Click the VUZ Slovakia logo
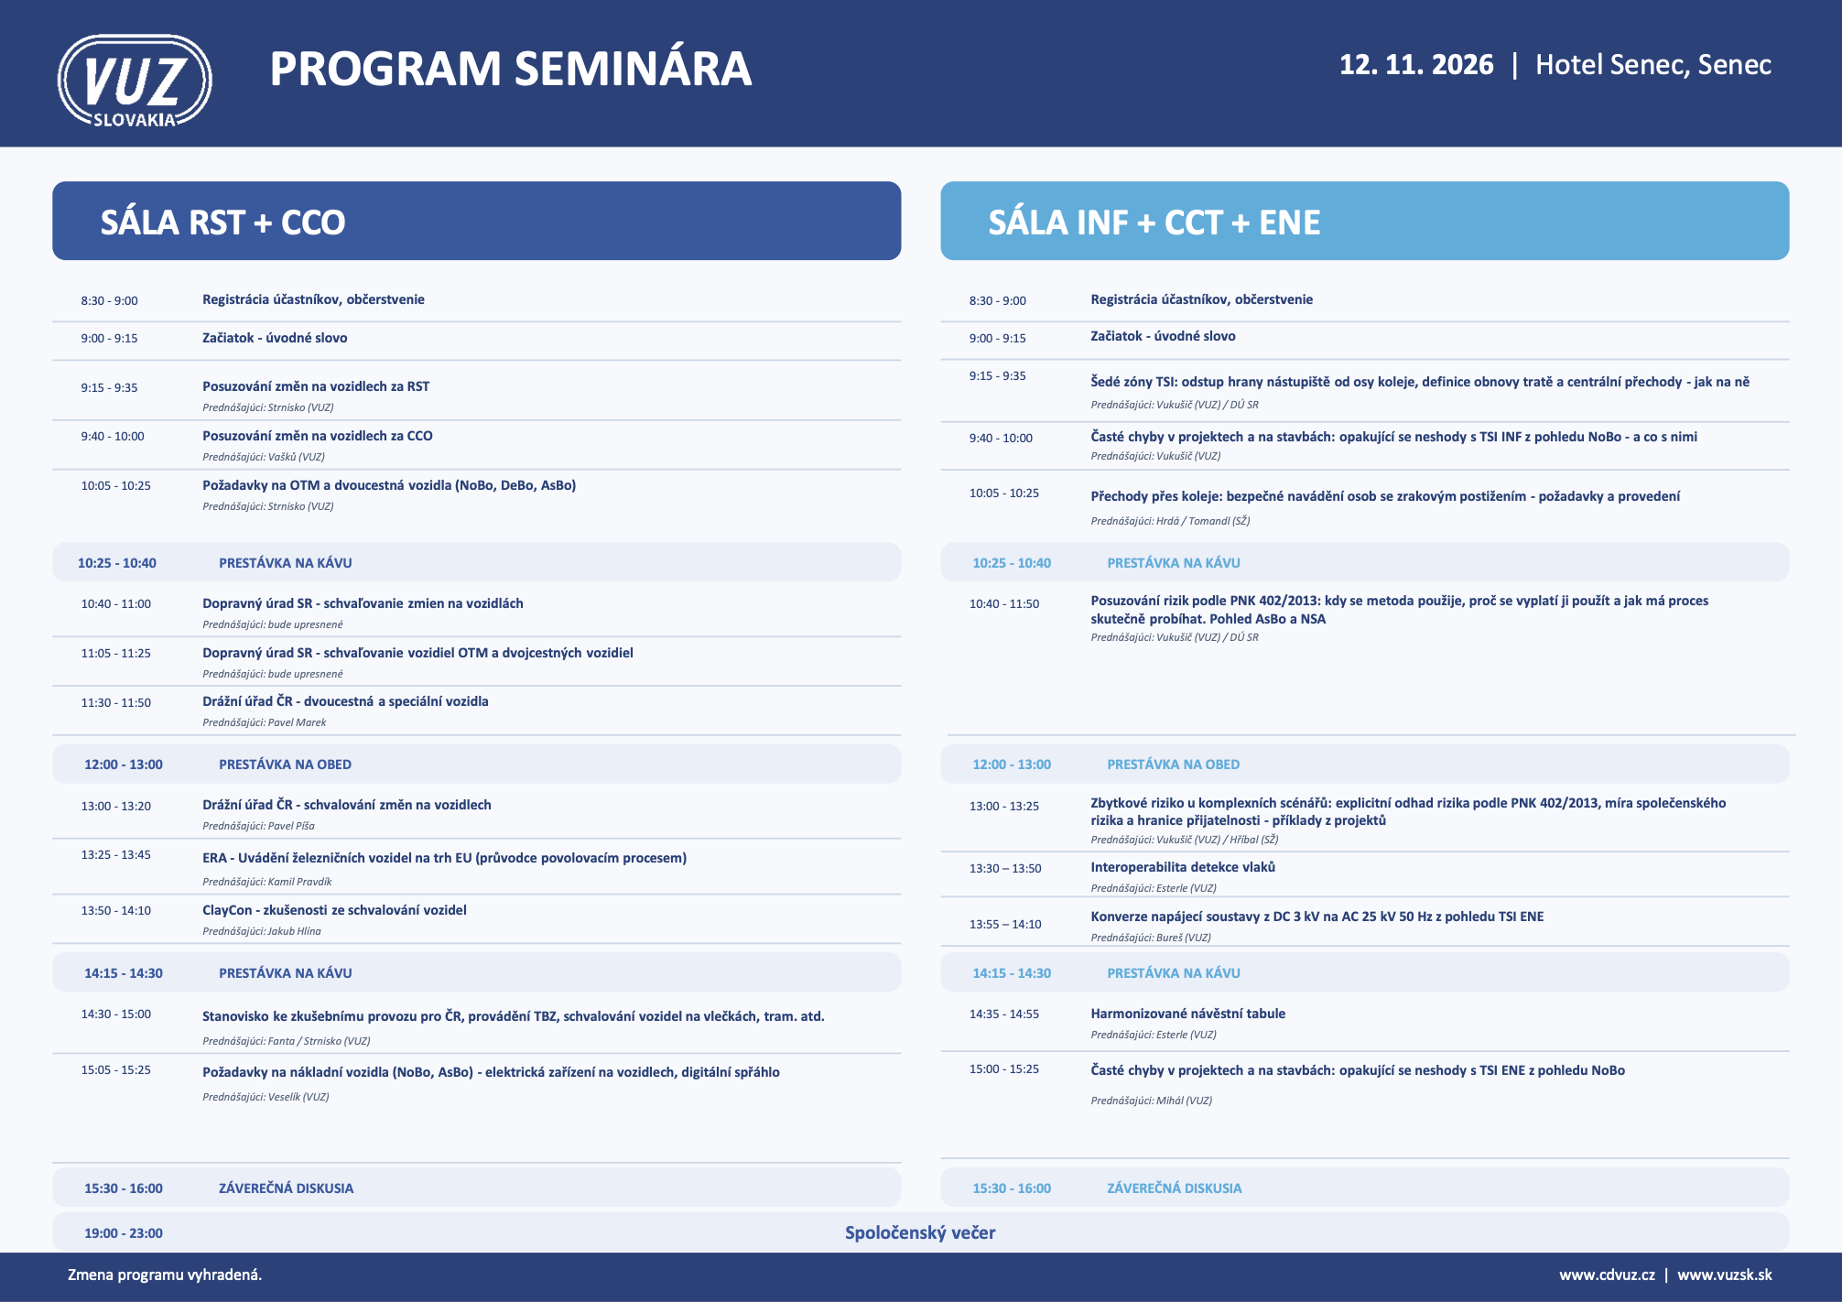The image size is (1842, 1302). [135, 81]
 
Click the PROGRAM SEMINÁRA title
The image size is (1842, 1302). [511, 69]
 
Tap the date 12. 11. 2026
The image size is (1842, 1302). [1416, 65]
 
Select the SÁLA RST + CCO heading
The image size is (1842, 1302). [222, 222]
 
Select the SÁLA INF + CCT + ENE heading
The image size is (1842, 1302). [1154, 222]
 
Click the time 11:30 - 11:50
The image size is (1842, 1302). [116, 703]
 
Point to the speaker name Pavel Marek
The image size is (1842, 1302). [297, 722]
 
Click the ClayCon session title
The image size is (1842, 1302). [334, 910]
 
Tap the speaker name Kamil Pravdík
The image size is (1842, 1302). [299, 882]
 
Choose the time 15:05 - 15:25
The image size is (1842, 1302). [116, 1069]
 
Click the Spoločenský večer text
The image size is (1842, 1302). [920, 1232]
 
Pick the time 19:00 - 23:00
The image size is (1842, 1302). [124, 1233]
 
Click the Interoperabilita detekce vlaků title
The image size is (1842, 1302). [1183, 867]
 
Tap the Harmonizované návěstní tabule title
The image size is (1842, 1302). [1188, 1014]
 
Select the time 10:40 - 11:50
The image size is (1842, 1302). [1004, 604]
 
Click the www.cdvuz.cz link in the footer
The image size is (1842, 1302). [1608, 1275]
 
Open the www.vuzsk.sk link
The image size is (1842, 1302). [1725, 1275]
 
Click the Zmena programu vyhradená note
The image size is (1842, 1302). [165, 1275]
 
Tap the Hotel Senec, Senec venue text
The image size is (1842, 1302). [1653, 65]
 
